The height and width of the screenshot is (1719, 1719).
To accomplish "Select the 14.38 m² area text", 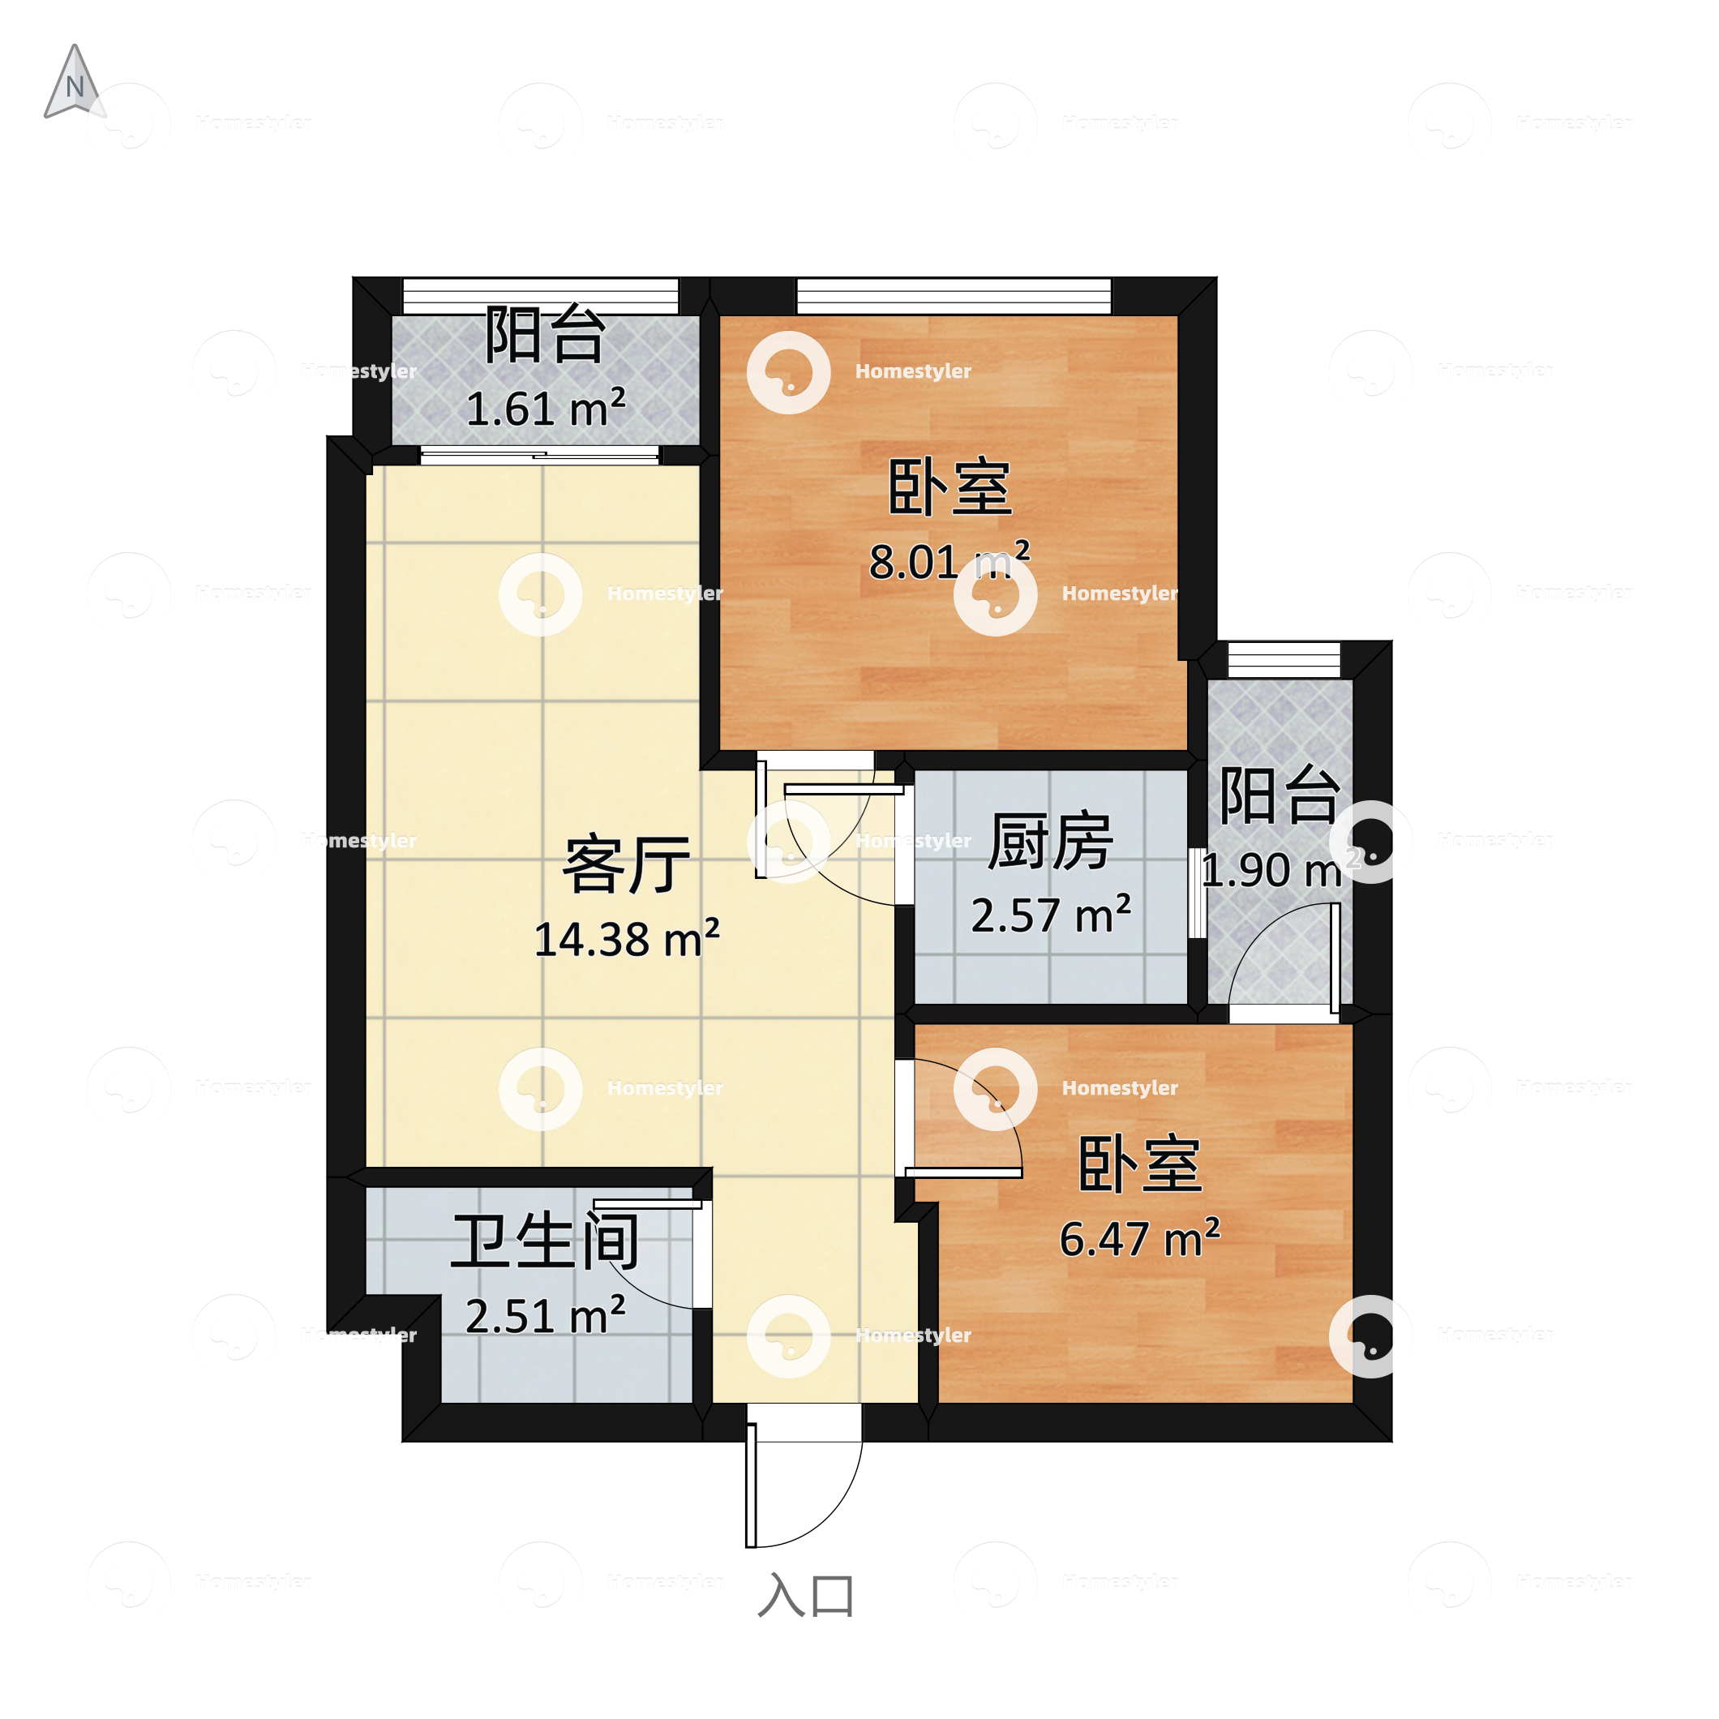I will (627, 939).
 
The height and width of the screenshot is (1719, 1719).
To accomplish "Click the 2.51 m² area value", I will (545, 1315).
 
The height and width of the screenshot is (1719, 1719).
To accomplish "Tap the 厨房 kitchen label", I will (1050, 841).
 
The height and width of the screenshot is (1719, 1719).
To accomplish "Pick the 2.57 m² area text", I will (1050, 915).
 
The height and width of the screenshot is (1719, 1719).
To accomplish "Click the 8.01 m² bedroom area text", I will (949, 560).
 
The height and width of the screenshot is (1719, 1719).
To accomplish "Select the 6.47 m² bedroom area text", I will (1139, 1237).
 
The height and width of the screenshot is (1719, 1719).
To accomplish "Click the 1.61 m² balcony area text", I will (546, 409).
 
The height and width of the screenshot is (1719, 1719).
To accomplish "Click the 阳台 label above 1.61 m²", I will (546, 335).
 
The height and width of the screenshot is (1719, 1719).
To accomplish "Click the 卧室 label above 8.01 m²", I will (950, 487).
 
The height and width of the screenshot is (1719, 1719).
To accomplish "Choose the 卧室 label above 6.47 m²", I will (1140, 1164).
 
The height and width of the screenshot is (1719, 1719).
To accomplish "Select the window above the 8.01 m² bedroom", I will (953, 295).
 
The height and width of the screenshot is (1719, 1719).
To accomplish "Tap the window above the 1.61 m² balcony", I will (540, 295).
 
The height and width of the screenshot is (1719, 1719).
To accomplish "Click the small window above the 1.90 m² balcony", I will (1283, 659).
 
